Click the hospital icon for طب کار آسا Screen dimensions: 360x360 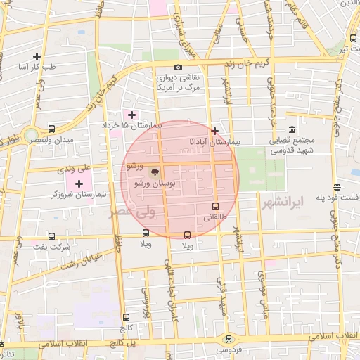pyautogui.click(x=37, y=56)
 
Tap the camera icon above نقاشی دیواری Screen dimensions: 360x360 pyautogui.click(x=178, y=67)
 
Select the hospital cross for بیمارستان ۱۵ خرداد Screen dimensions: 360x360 pyautogui.click(x=131, y=114)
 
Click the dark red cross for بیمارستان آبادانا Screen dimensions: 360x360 pyautogui.click(x=214, y=130)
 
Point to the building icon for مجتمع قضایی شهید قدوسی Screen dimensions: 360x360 pyautogui.click(x=292, y=130)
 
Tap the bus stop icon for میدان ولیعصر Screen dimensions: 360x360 pyautogui.click(x=51, y=129)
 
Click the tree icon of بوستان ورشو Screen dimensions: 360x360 pyautogui.click(x=155, y=172)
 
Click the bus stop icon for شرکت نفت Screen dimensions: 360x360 pyautogui.click(x=51, y=238)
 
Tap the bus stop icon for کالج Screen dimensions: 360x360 pyautogui.click(x=126, y=317)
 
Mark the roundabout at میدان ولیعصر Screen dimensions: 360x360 pyautogui.click(x=30, y=134)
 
